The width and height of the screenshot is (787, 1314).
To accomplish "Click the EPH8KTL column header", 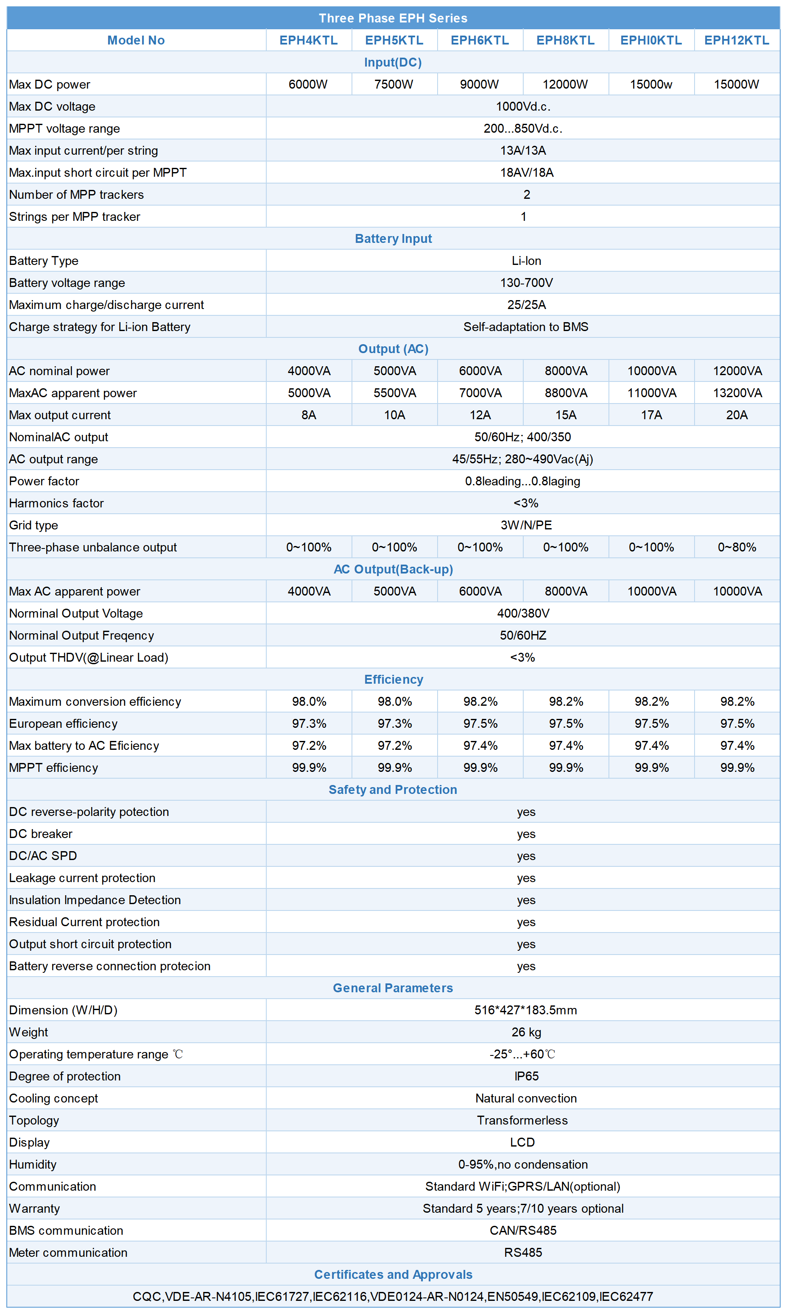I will [565, 40].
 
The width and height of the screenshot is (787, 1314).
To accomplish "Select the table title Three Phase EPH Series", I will [393, 18].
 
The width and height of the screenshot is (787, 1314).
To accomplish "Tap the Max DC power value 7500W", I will [393, 84].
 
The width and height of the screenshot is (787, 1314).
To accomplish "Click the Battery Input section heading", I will [393, 239].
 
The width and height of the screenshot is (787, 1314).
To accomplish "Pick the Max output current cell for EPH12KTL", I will [737, 415].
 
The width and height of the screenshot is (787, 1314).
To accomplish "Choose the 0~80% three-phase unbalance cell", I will [737, 547].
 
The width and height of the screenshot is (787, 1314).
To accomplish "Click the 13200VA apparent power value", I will [737, 393].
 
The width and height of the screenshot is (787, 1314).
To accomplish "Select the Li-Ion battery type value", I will [526, 261].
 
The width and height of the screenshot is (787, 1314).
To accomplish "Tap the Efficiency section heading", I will [393, 679].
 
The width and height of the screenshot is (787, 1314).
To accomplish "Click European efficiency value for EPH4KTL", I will [309, 724].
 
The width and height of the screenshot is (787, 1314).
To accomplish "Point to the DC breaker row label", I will [41, 834].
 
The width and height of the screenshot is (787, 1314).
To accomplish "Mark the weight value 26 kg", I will [526, 1032].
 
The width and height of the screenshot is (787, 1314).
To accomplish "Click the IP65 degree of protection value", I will [526, 1076].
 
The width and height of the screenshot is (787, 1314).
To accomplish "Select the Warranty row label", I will [34, 1208].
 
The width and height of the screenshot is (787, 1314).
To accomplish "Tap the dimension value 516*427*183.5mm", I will [525, 1010].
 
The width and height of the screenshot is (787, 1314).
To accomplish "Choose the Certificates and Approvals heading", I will [393, 1275].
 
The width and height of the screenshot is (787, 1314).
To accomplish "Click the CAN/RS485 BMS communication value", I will [523, 1230].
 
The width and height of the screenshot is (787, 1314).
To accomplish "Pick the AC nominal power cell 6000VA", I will [480, 371].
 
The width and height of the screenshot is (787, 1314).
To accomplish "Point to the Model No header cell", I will [136, 40].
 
